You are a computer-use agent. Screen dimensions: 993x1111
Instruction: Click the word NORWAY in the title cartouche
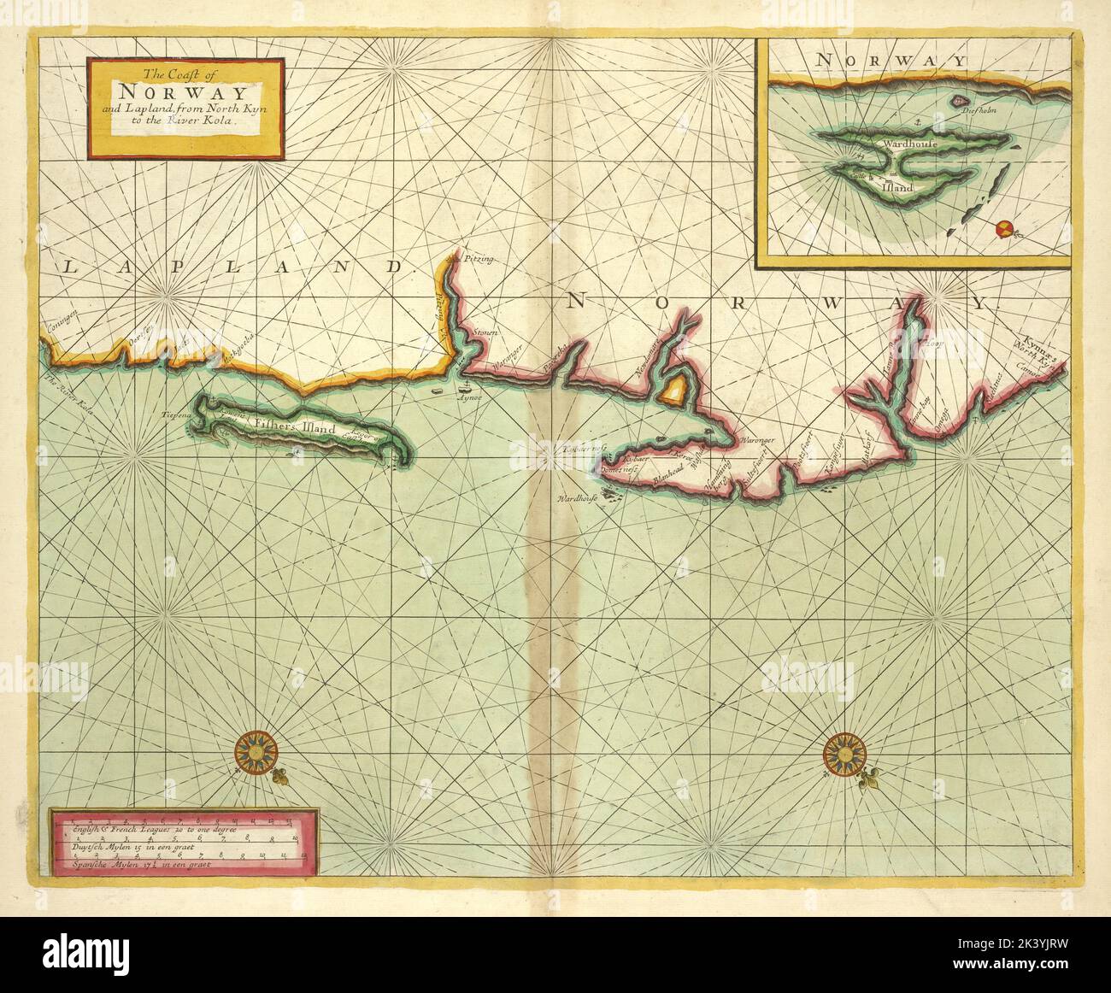183,92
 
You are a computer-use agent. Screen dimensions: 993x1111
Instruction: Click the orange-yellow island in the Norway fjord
673,391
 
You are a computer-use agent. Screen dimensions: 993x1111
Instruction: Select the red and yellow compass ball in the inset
1004,228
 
